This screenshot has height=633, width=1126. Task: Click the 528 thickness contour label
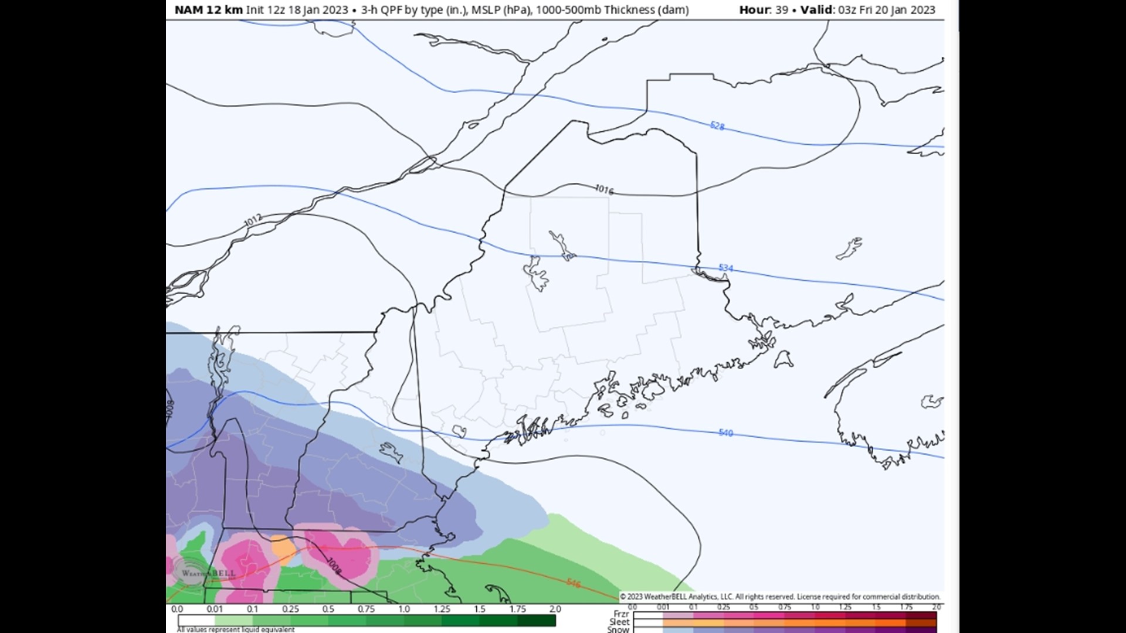point(717,125)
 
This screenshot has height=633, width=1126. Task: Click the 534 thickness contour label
point(725,268)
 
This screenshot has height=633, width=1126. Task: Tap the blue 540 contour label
point(725,433)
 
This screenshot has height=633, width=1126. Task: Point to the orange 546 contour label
point(573,583)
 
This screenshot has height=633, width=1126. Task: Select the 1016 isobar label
point(604,189)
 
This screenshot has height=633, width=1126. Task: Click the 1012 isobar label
point(253,220)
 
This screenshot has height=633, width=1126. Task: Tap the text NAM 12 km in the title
point(208,10)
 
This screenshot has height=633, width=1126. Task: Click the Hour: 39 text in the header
point(763,10)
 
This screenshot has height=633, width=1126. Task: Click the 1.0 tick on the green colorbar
point(404,609)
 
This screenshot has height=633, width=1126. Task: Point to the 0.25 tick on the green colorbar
point(290,609)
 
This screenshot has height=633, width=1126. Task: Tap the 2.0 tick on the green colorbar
point(555,609)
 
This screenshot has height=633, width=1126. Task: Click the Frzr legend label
point(621,614)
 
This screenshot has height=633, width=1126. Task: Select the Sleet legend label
point(619,622)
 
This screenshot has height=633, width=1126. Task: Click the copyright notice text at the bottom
point(780,597)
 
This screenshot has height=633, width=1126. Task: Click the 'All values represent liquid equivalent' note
point(236,629)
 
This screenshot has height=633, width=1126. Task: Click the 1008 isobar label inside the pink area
point(333,565)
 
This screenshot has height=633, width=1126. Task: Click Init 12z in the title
point(267,10)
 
